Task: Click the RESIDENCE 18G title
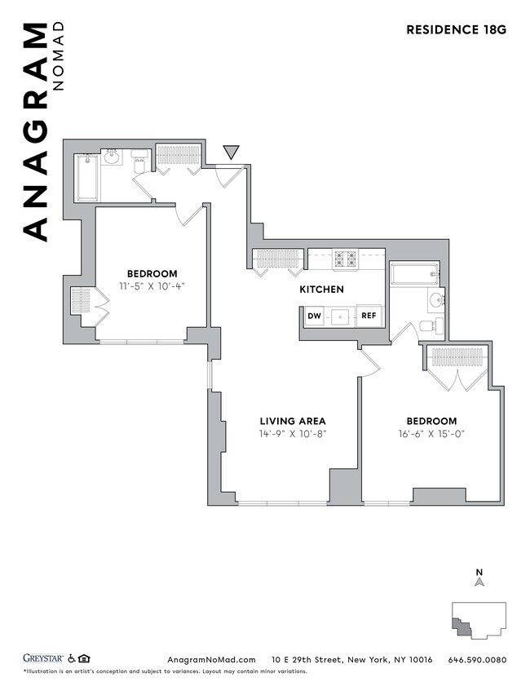[456, 30]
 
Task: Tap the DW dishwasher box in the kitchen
[314, 316]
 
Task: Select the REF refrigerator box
[369, 316]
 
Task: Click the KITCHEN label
[321, 290]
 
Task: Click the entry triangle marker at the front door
[232, 152]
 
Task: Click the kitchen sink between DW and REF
[342, 316]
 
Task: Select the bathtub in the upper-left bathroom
[86, 177]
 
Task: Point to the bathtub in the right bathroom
[414, 274]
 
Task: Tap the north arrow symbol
[480, 582]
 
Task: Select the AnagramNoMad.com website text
[211, 660]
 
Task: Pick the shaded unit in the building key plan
[462, 626]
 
